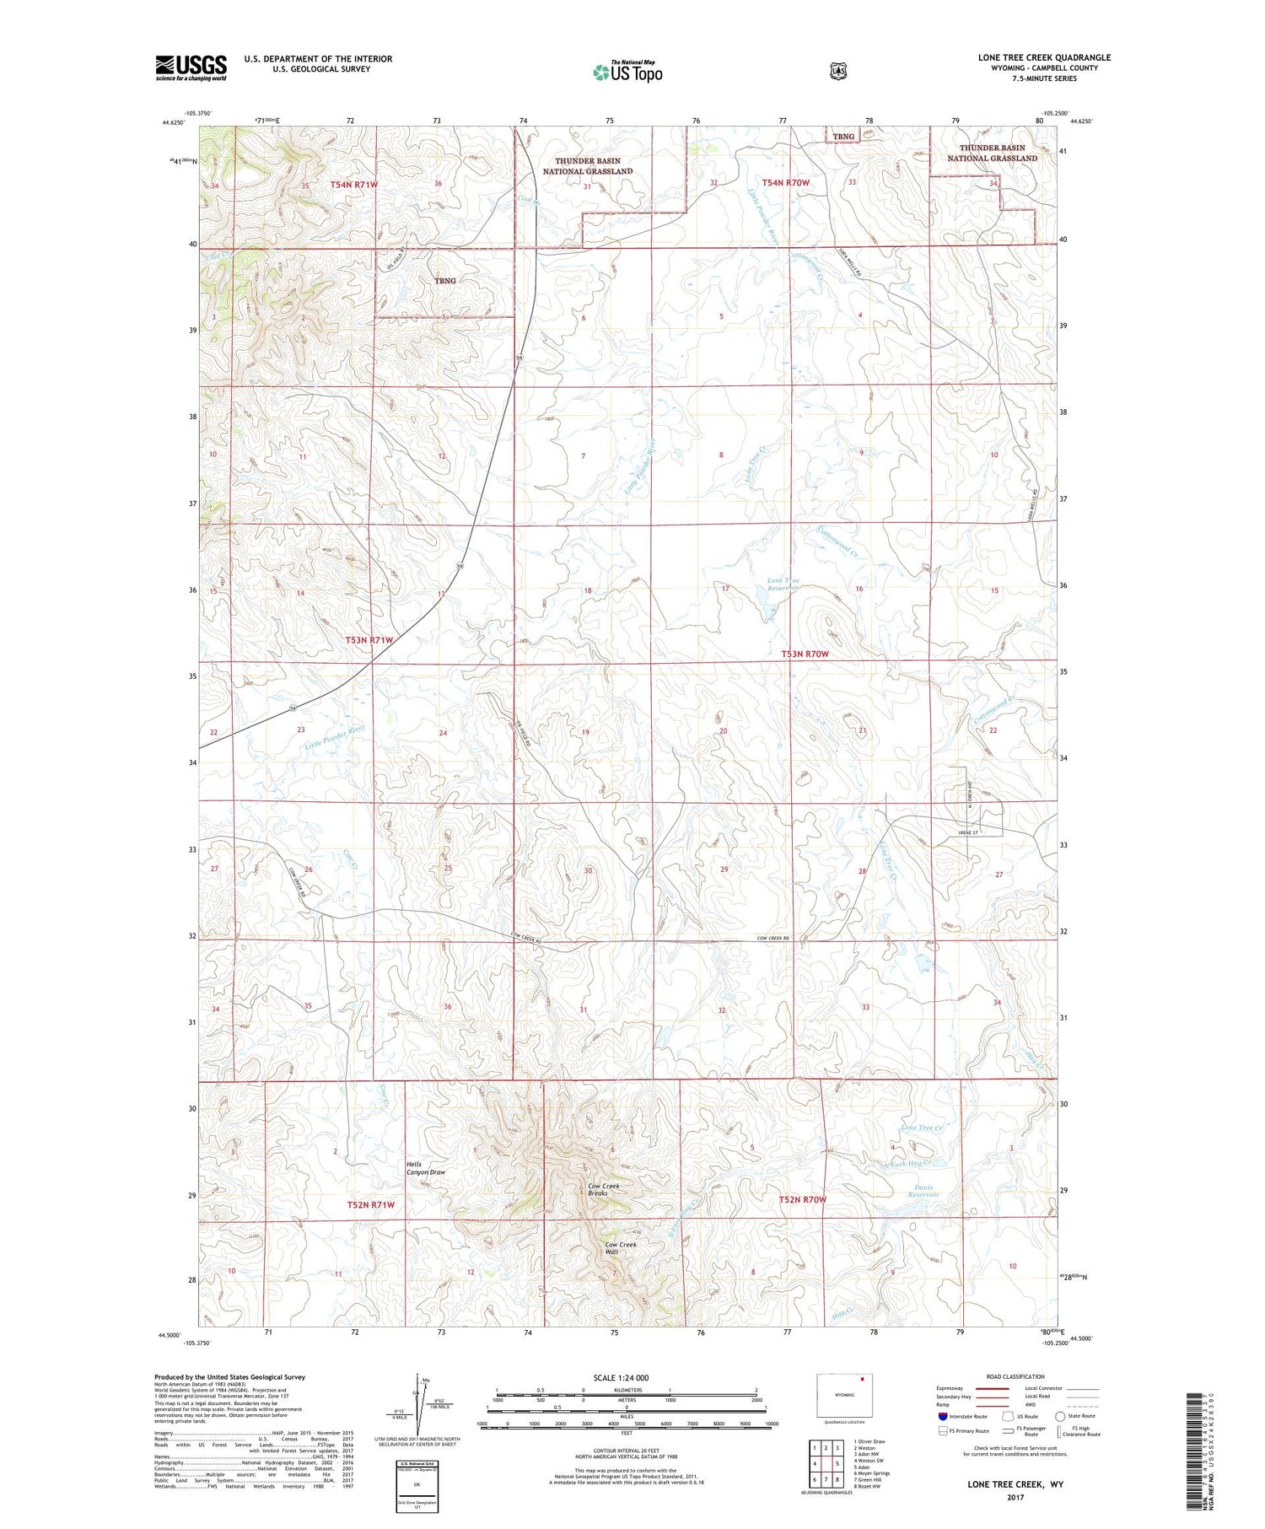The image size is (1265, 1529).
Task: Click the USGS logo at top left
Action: tap(191, 67)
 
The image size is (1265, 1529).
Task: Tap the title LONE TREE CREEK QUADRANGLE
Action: tap(1044, 57)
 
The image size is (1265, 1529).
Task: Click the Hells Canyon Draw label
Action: tap(426, 1168)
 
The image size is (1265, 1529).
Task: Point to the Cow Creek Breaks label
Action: tap(604, 1189)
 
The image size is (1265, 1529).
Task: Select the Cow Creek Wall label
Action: tap(621, 1248)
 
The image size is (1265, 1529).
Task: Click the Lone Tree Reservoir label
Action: tap(783, 584)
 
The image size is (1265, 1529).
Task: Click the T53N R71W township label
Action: tap(369, 641)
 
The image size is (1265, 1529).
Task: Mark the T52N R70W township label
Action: tap(802, 1199)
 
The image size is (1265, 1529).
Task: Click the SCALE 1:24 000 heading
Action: tap(621, 1377)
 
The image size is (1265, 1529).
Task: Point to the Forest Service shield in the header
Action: tap(835, 72)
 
